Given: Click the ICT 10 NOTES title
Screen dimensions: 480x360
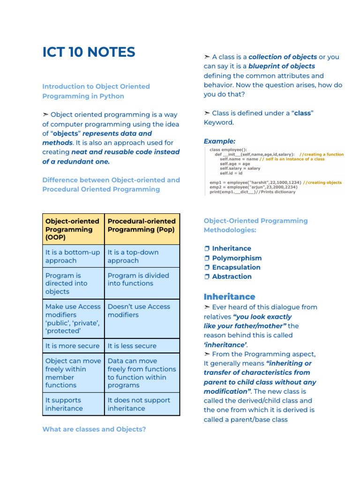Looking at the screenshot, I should pos(89,52).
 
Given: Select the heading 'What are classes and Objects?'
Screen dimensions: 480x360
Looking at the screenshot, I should pos(94,429).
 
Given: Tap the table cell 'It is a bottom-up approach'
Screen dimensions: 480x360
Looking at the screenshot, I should pos(73,256).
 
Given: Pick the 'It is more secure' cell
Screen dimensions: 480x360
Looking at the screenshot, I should pos(73,346).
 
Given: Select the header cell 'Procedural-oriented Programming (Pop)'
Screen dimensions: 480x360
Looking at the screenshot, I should pos(142,225).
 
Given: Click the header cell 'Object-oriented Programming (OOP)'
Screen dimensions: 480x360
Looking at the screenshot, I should pos(72,229).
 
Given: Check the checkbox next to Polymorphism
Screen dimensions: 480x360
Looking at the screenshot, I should pos(207,258).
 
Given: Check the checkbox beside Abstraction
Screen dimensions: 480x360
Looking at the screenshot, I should pos(207,277).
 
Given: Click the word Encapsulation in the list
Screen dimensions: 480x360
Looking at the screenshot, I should pos(236,267).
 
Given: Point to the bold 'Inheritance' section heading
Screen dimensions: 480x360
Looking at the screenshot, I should pos(229,297).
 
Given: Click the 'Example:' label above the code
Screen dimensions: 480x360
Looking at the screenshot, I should pos(219,141).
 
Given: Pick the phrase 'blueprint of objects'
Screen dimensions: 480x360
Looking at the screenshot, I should pos(281,66).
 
